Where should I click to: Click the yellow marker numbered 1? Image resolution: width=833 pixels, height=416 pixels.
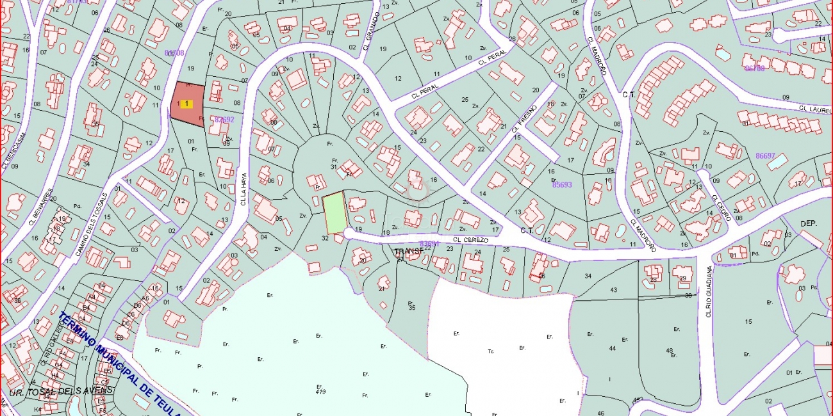click(x=186, y=103)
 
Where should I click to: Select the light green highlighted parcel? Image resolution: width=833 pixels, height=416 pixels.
click(x=334, y=213)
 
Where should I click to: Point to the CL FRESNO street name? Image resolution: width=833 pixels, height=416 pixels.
click(x=524, y=118)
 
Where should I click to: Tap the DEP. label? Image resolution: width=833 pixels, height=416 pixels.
click(x=808, y=223)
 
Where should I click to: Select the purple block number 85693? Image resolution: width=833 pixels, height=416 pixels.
click(x=562, y=184)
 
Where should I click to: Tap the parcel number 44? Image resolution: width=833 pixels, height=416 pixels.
click(x=613, y=348)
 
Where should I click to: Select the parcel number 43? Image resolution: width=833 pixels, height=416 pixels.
click(x=613, y=290)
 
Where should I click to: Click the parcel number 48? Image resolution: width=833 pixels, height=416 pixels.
click(x=670, y=350)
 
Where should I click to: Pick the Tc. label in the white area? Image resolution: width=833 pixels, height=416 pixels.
click(x=491, y=351)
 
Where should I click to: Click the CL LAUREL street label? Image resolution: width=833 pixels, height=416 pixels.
click(x=814, y=109)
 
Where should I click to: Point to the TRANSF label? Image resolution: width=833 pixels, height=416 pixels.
click(x=409, y=252)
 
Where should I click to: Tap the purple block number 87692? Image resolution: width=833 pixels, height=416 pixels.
click(x=224, y=119)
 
